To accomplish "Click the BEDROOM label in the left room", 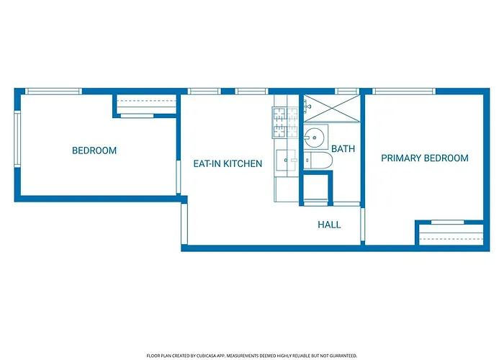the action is [x=94, y=150].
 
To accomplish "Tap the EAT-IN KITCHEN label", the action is [x=228, y=163].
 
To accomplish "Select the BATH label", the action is [x=343, y=149].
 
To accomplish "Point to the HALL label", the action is [x=329, y=225].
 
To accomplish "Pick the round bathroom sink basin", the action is [x=314, y=138].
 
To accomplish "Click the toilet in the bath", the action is [x=318, y=160].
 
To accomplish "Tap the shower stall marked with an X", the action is [x=332, y=108].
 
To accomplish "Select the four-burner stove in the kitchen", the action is [x=285, y=123].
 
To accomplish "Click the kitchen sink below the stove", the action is [x=286, y=160].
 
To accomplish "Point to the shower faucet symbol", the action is [x=307, y=106].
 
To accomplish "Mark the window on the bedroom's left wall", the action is [x=17, y=139].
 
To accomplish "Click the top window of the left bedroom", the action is [x=54, y=91].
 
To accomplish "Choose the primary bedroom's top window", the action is [x=404, y=91].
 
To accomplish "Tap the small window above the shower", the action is [x=347, y=91].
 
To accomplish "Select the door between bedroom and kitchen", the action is [x=179, y=177].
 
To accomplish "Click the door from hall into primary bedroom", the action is [x=363, y=225].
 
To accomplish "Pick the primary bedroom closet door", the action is [x=447, y=222].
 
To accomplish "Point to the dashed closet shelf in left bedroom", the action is [x=146, y=101].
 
